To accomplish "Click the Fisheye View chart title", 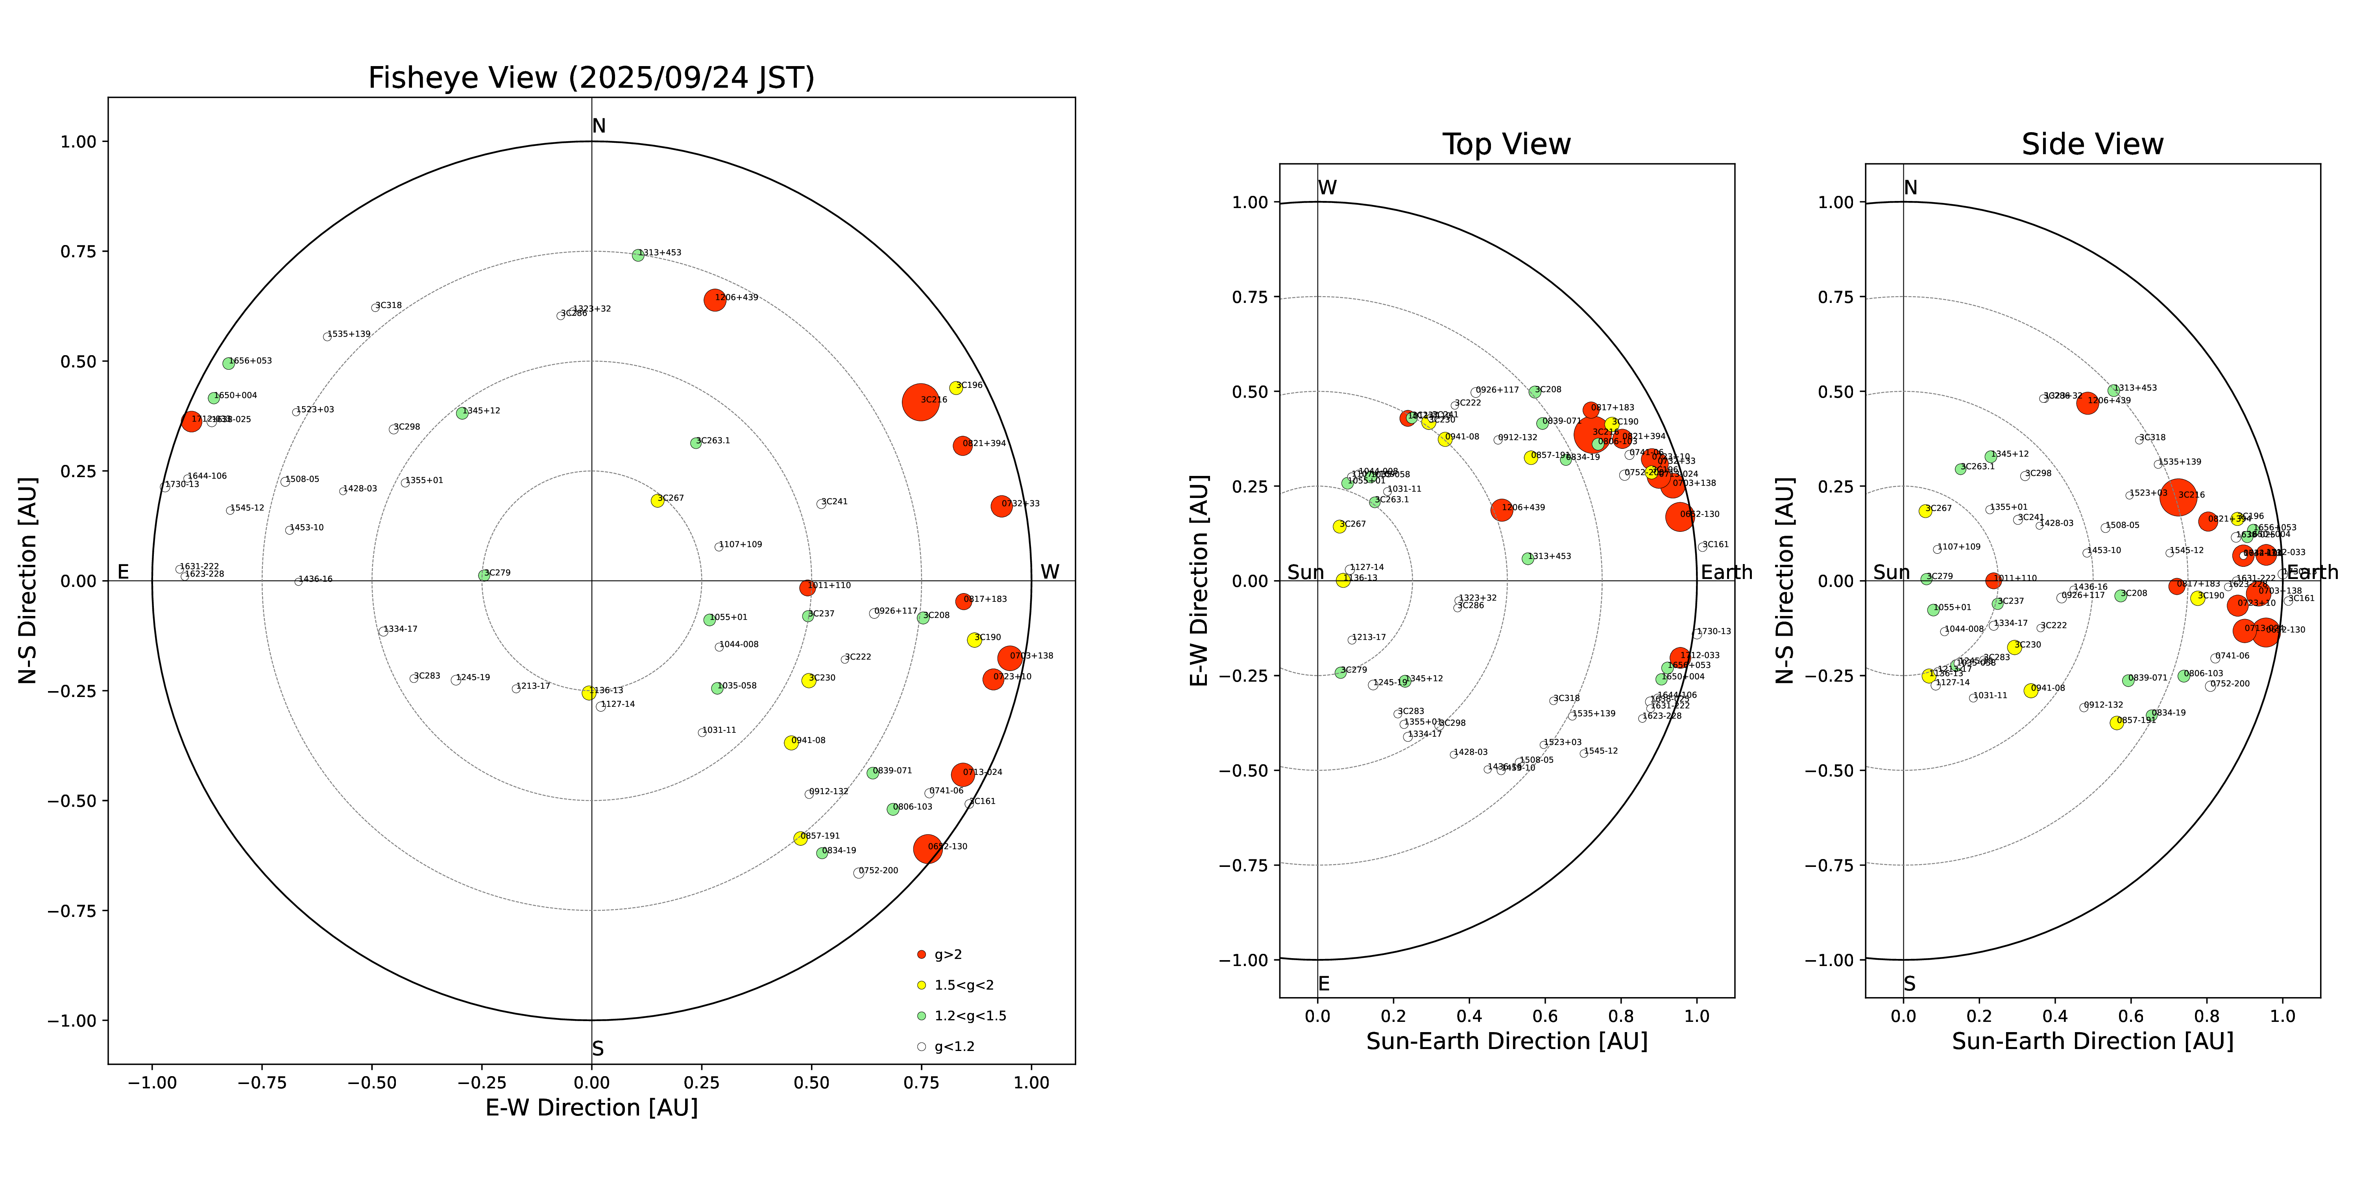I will [591, 78].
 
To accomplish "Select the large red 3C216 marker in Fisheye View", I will [920, 401].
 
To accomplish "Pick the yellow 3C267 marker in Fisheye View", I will [657, 500].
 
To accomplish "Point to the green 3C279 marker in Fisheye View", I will [484, 575].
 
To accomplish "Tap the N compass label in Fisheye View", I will [599, 126].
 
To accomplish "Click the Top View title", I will [1506, 145].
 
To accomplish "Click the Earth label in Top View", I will [1726, 573].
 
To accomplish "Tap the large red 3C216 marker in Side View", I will [2178, 498].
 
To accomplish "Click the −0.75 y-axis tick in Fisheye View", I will [72, 911].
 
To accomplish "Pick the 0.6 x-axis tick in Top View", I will [1545, 1015].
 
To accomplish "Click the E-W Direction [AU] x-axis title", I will [591, 1108].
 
